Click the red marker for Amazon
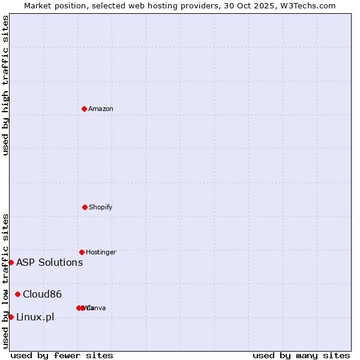pyautogui.click(x=85, y=109)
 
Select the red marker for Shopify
pyautogui.click(x=85, y=207)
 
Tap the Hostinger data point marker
pyautogui.click(x=82, y=252)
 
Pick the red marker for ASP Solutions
pyautogui.click(x=11, y=262)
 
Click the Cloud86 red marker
pyautogui.click(x=18, y=294)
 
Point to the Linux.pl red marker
pyautogui.click(x=11, y=317)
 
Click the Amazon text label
pyautogui.click(x=101, y=109)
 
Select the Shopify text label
pyautogui.click(x=101, y=207)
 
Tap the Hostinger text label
pyautogui.click(x=101, y=252)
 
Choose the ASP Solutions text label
pyautogui.click(x=50, y=262)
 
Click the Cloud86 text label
pyautogui.click(x=43, y=294)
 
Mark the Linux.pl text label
pyautogui.click(x=35, y=317)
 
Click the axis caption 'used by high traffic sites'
pyautogui.click(x=5, y=85)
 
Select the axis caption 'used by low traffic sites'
pyautogui.click(x=5, y=280)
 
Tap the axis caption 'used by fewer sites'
pyautogui.click(x=62, y=355)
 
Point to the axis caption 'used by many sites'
pyautogui.click(x=301, y=355)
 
